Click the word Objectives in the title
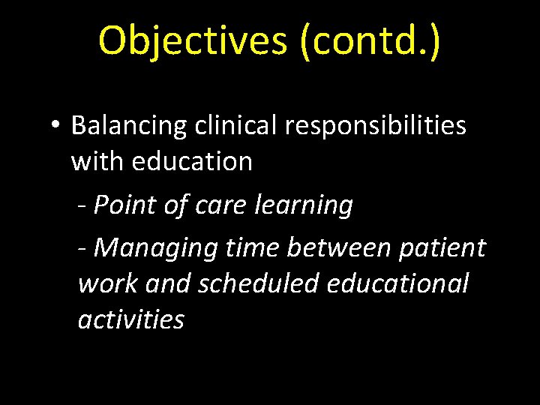[x=193, y=40]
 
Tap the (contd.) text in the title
[x=370, y=40]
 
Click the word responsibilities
[x=375, y=126]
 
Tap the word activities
[x=130, y=319]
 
